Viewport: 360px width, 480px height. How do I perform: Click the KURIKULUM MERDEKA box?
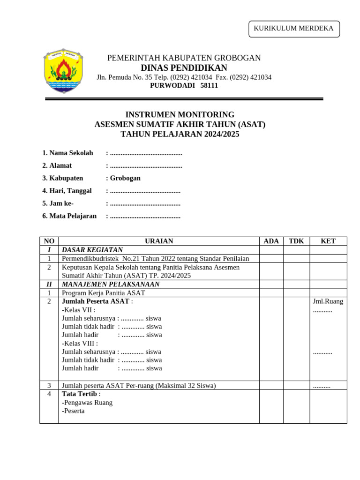293,29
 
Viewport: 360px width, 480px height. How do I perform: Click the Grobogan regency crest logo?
63,70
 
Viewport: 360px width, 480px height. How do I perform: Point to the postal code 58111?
209,86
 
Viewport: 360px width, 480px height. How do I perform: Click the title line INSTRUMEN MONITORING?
180,115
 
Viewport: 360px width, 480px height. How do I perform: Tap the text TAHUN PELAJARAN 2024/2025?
180,135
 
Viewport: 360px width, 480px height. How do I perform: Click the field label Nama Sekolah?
71,153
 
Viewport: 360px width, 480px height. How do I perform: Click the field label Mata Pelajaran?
73,216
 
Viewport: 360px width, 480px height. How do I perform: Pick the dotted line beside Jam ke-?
145,203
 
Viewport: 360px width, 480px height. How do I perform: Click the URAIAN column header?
159,241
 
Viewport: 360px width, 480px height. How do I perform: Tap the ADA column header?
271,241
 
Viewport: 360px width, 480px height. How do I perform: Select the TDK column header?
296,241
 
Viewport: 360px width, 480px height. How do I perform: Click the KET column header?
328,241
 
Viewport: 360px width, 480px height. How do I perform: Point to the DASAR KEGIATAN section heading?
92,250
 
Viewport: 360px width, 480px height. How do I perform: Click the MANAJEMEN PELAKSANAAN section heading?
111,284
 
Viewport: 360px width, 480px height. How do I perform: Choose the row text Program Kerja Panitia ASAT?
104,293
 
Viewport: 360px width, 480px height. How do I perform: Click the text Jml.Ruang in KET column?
328,301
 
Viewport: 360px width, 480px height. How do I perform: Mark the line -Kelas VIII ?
80,343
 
